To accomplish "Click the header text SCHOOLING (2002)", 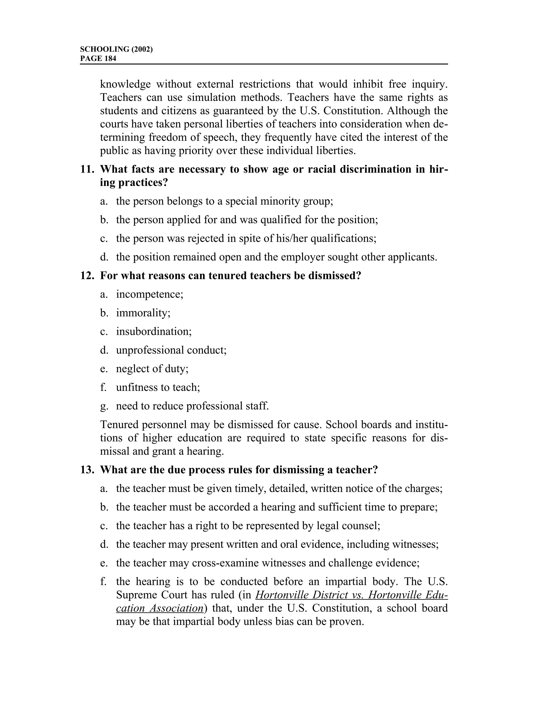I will pos(116,49).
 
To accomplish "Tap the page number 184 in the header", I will pos(110,58).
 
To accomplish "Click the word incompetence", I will pos(150,294).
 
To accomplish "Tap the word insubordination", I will pos(154,331).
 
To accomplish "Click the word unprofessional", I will pos(150,350).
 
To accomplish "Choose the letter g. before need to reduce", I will pos(103,406).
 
